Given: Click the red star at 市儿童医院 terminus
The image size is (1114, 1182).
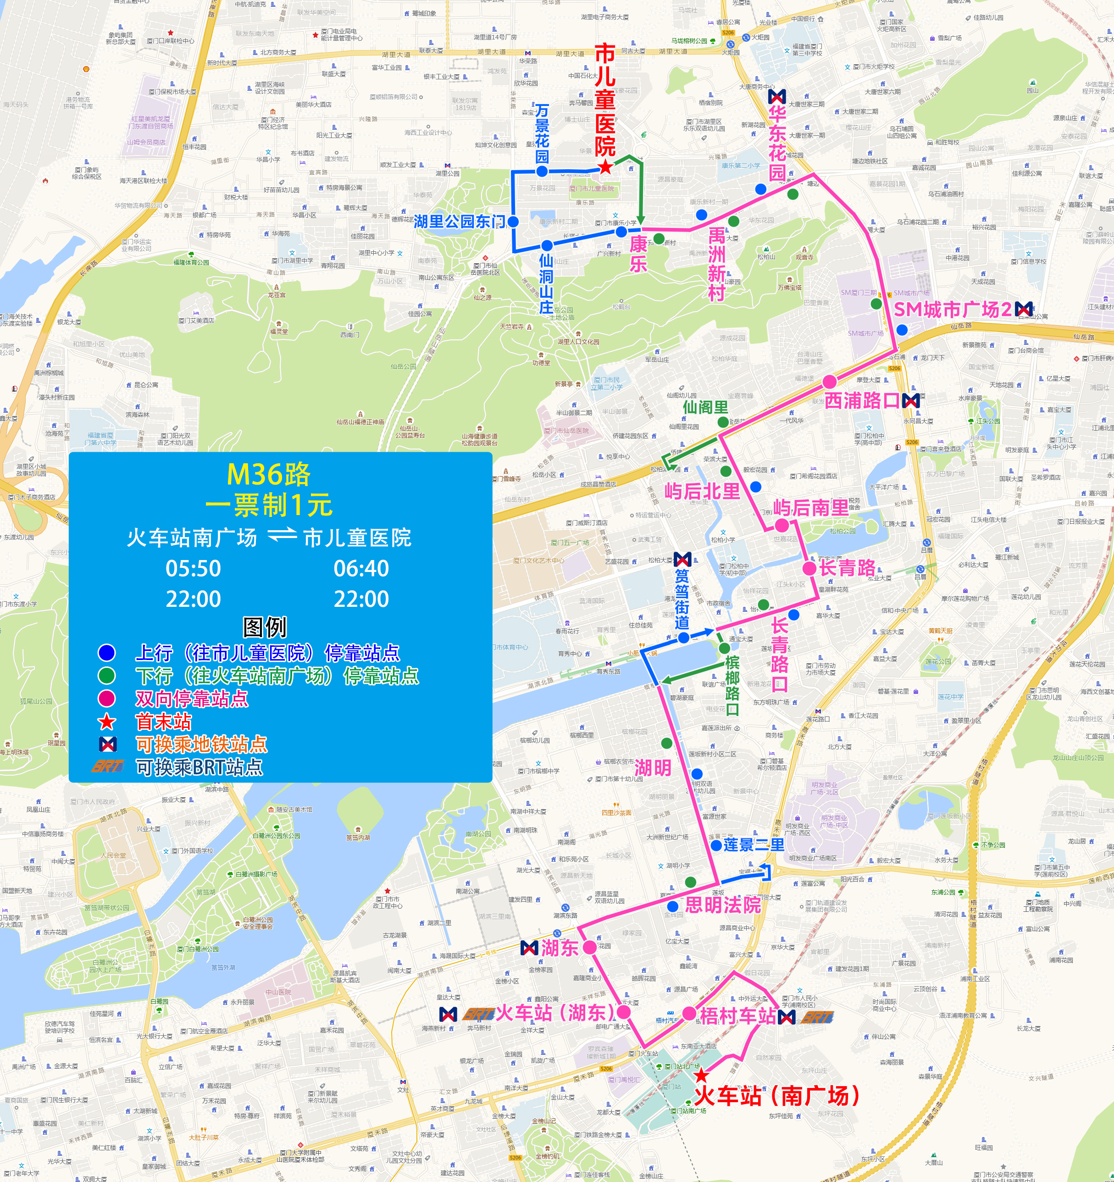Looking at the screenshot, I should click(x=605, y=167).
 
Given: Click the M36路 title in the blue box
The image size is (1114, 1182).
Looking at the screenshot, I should click(x=269, y=474).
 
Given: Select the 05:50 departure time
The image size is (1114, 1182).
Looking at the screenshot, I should click(x=193, y=568).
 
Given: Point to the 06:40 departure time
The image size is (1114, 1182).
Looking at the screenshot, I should click(x=361, y=568).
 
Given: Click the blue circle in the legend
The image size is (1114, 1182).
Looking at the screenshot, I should click(x=106, y=653).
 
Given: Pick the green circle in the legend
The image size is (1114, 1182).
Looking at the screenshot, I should click(x=106, y=676).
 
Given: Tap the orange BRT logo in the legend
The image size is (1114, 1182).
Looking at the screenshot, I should click(x=108, y=766).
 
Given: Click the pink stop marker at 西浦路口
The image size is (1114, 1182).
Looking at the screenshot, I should click(x=829, y=382).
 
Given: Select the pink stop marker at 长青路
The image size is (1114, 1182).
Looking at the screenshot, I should click(x=809, y=568).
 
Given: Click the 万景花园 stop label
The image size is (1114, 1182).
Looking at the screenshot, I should click(x=542, y=133).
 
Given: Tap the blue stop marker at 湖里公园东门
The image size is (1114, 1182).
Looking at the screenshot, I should click(x=513, y=222).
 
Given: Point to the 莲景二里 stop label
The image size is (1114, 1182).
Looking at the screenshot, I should click(x=754, y=845).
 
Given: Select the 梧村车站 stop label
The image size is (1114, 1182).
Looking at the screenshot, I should click(x=738, y=1016).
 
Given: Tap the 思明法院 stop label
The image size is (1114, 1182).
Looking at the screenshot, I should click(x=723, y=905).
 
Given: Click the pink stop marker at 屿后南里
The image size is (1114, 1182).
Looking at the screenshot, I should click(x=781, y=525).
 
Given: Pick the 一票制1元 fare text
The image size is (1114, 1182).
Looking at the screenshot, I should click(x=269, y=505).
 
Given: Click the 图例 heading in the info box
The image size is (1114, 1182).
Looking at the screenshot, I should click(x=265, y=627).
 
